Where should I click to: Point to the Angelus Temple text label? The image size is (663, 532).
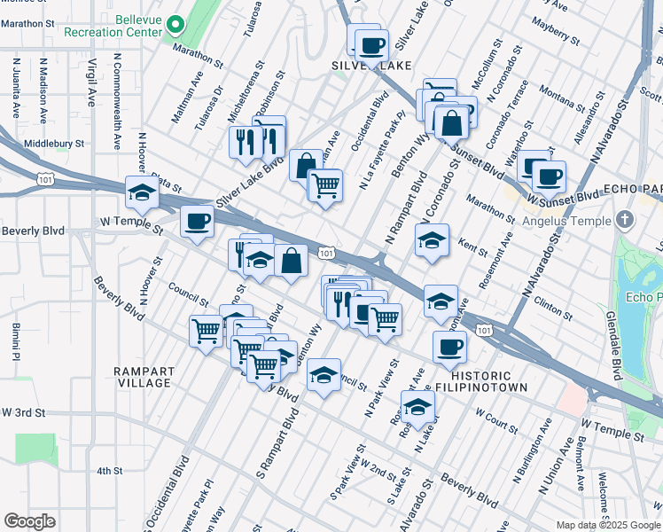[566, 220]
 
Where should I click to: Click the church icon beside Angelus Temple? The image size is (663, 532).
[625, 219]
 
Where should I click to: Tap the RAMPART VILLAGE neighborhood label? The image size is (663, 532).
[143, 377]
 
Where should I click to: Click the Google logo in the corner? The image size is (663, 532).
[30, 521]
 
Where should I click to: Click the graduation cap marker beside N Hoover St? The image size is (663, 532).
[142, 192]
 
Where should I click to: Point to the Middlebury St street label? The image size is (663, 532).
[54, 143]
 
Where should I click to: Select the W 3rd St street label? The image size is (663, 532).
[24, 413]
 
